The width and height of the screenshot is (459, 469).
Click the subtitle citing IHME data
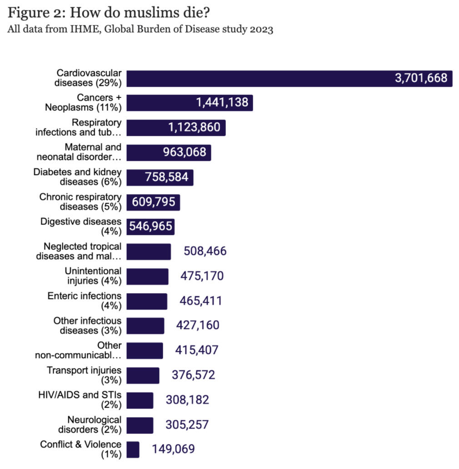(140, 30)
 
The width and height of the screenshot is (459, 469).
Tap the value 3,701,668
(421, 78)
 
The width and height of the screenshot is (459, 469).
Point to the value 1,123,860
(194, 128)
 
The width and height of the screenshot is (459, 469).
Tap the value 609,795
(153, 202)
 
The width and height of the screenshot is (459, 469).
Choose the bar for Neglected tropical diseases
(149, 251)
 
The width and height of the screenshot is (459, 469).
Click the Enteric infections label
(84, 301)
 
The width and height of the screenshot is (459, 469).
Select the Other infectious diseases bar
(145, 325)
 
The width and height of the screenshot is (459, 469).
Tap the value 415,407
(197, 350)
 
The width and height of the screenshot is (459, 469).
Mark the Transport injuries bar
(143, 375)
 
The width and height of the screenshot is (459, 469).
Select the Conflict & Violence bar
(133, 449)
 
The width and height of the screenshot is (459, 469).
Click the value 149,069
(173, 449)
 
